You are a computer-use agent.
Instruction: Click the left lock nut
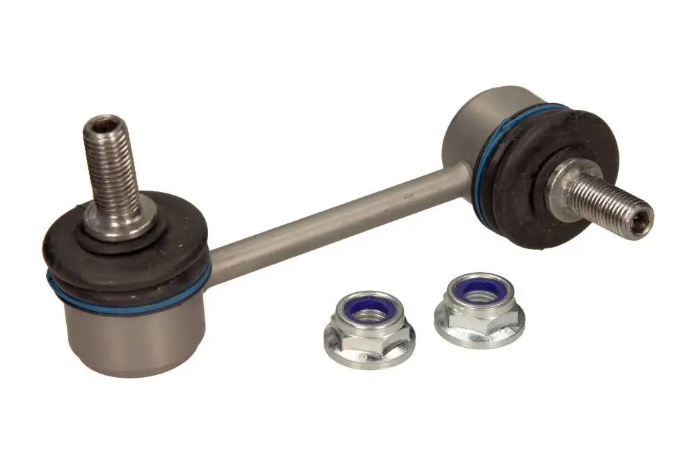pos(369,331)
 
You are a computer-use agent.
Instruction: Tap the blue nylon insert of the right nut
pos(481,289)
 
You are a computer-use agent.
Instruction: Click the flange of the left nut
pos(369,351)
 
